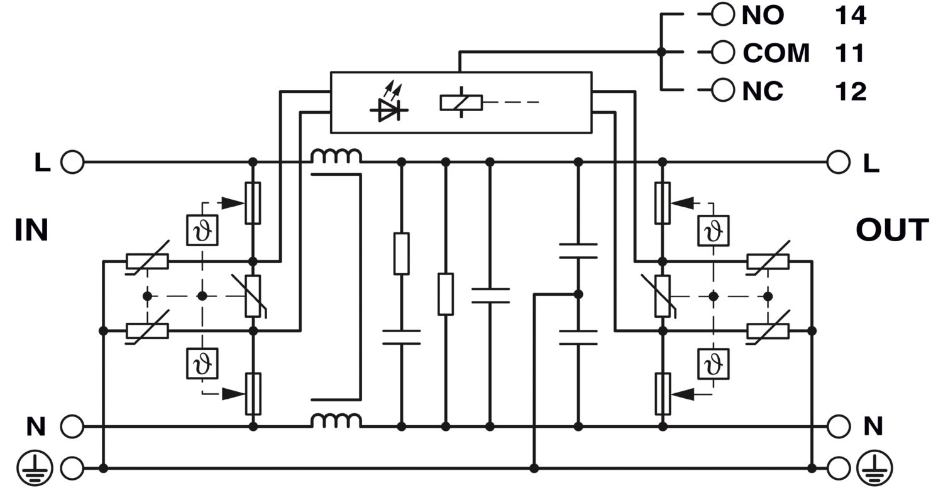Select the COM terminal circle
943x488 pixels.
tap(723, 52)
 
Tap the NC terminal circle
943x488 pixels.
tap(723, 90)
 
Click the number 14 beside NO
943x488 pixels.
tap(851, 16)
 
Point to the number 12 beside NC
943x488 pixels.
tap(851, 91)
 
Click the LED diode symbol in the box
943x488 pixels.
tap(389, 104)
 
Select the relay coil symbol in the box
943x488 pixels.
tap(461, 102)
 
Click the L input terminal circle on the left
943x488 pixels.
tap(72, 162)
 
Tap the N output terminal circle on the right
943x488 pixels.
tap(838, 426)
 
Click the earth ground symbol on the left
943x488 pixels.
tap(35, 468)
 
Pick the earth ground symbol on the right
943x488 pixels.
tap(874, 468)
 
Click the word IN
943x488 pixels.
tap(31, 230)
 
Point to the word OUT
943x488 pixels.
tap(893, 230)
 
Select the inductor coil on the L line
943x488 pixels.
tap(336, 156)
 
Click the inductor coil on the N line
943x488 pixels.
tap(336, 420)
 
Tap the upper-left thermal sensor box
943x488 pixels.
tap(202, 230)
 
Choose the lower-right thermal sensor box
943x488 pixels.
tap(713, 364)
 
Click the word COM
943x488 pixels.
tap(776, 53)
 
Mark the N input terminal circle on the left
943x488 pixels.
tap(72, 426)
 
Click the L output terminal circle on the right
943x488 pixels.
tap(838, 162)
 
